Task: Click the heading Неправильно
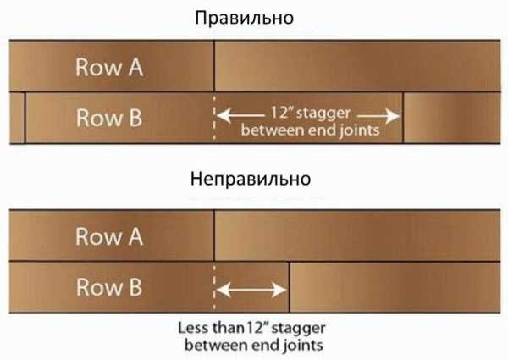click(x=251, y=180)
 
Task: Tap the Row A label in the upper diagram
click(x=109, y=68)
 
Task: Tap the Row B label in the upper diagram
click(x=109, y=117)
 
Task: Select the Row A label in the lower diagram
click(x=109, y=237)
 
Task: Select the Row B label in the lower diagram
click(x=109, y=286)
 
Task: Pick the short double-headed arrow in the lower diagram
click(x=251, y=289)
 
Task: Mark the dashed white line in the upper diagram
click(x=214, y=119)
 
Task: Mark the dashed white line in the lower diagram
click(x=214, y=288)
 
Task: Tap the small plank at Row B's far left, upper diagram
click(x=16, y=117)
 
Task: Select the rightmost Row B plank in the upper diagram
click(x=452, y=117)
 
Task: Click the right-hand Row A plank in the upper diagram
click(x=356, y=66)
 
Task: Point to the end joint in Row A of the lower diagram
click(x=214, y=235)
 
